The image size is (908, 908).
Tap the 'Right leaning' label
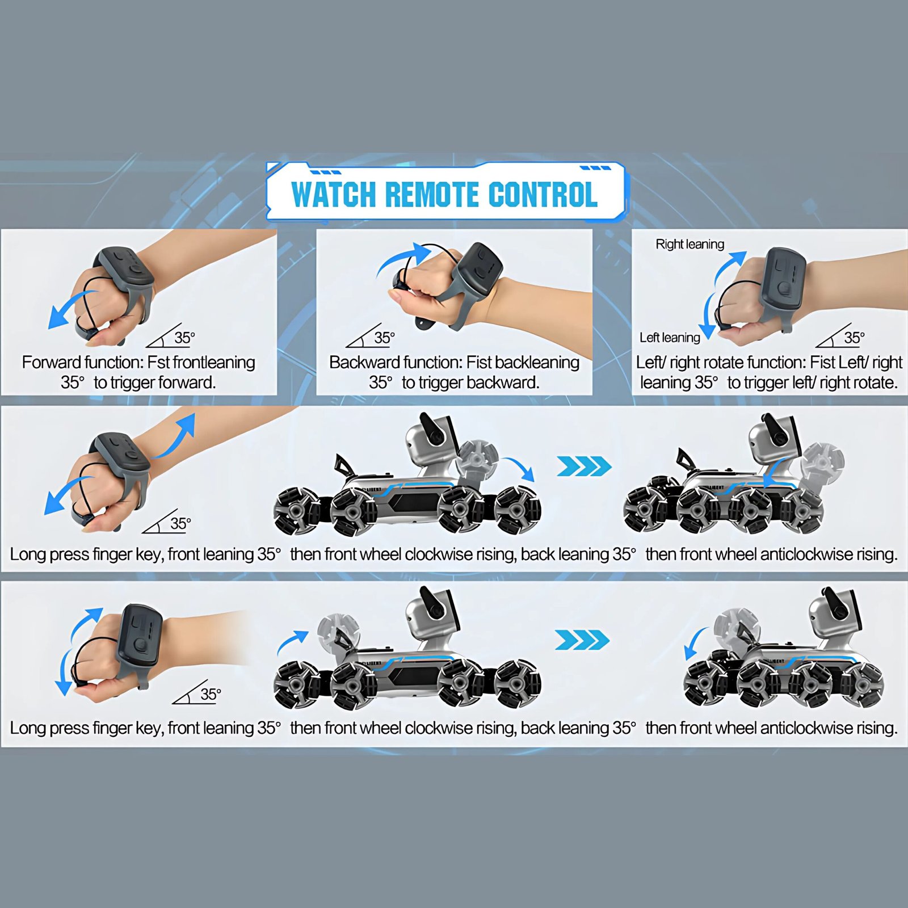[690, 244]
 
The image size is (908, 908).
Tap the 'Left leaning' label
[670, 338]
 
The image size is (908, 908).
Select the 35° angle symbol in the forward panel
[170, 336]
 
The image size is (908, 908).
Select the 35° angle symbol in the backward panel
[371, 336]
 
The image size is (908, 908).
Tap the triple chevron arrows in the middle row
[584, 466]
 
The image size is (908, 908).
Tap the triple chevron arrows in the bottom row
[582, 640]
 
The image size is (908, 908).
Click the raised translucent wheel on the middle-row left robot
[477, 457]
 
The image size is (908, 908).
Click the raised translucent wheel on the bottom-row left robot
[338, 632]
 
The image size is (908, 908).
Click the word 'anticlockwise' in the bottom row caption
[806, 728]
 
